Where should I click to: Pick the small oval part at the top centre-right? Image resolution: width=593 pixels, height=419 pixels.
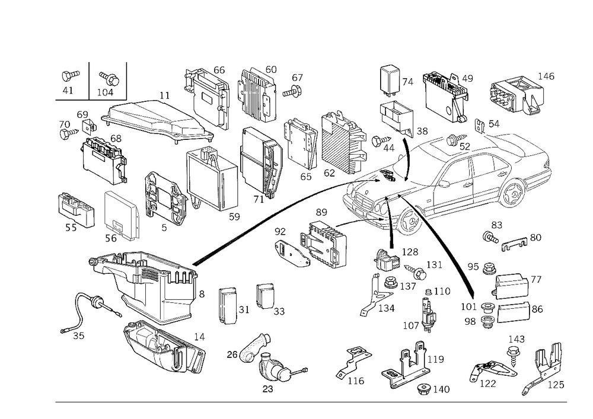click(x=390, y=69)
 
